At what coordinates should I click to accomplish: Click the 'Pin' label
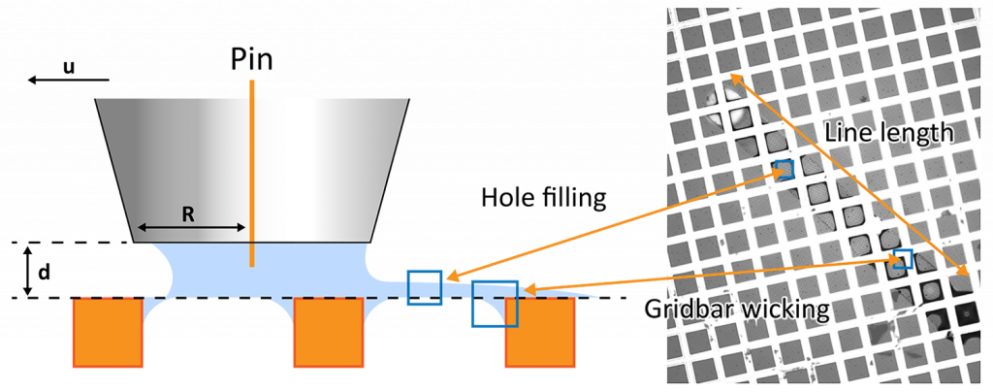pos(252,60)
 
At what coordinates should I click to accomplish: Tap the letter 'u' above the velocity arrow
pos(69,67)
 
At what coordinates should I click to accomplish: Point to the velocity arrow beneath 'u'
pos(68,80)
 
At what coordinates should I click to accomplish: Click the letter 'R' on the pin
pos(188,214)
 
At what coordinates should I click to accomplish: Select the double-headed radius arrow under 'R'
pos(190,228)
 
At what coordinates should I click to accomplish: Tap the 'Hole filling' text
pos(545,199)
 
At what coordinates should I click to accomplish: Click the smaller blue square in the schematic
pos(425,288)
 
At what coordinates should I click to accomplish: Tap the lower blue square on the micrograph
pos(903,258)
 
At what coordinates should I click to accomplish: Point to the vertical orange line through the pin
pos(252,175)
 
